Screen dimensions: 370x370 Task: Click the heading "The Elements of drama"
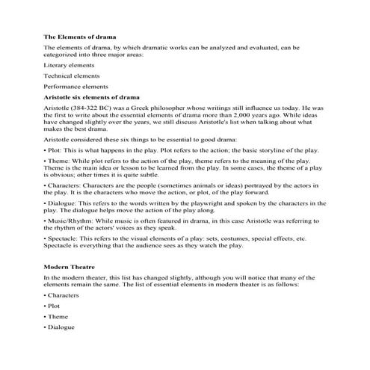[x=84, y=36]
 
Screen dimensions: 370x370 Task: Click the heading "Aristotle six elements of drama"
[x=92, y=97]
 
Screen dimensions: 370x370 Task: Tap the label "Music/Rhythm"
[x=70, y=222]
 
